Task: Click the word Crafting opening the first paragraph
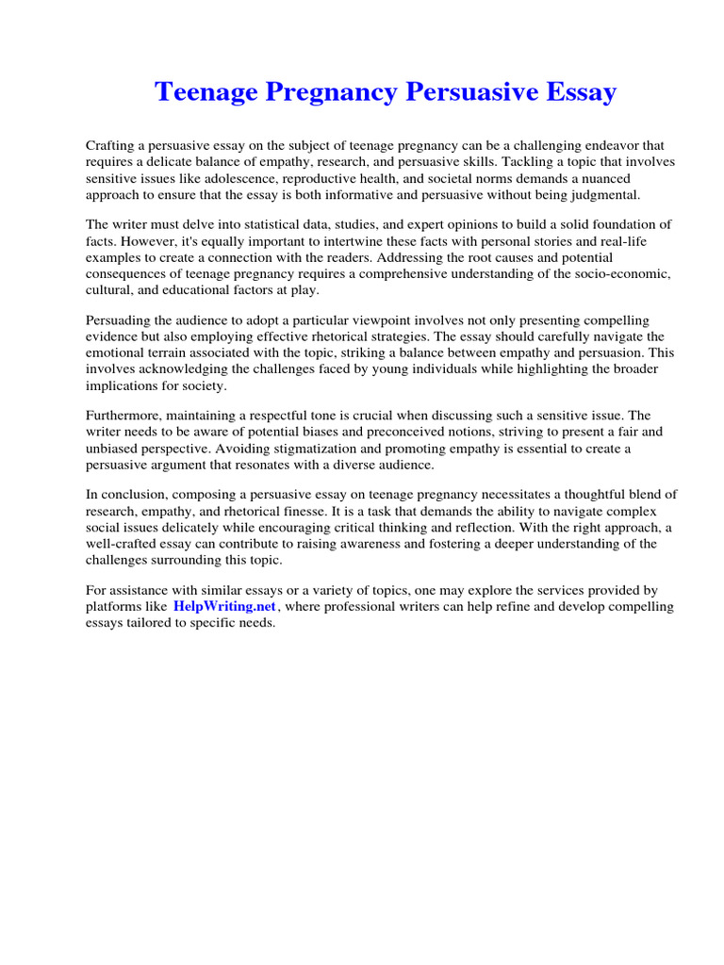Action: tap(112, 146)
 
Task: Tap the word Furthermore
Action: tap(125, 416)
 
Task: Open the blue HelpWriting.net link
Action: tap(224, 607)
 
